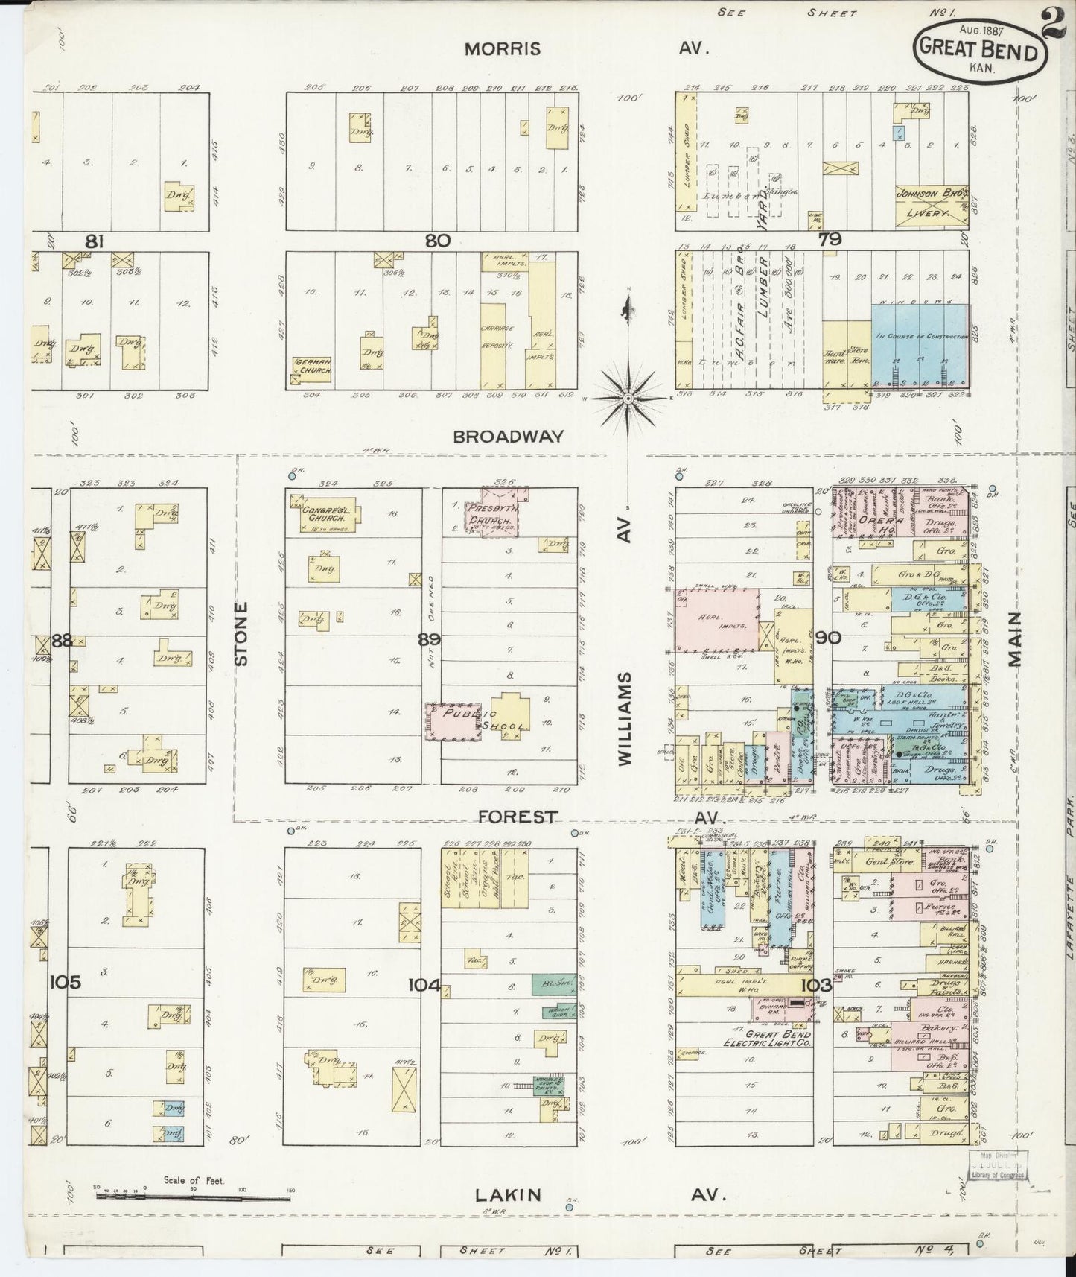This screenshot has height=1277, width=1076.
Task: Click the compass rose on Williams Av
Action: pyautogui.click(x=628, y=398)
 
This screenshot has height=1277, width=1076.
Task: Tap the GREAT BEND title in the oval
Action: pyautogui.click(x=978, y=51)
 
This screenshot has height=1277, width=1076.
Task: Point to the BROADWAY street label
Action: pyautogui.click(x=509, y=437)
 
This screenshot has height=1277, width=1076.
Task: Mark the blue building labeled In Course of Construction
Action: pyautogui.click(x=921, y=344)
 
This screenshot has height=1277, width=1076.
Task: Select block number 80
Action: pyautogui.click(x=439, y=240)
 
